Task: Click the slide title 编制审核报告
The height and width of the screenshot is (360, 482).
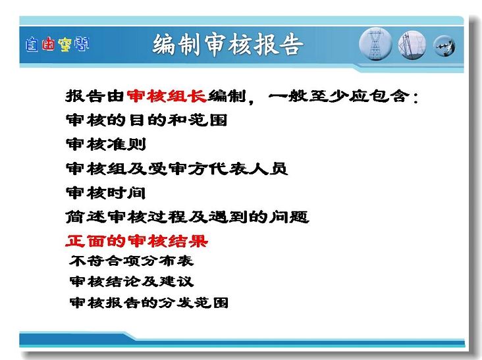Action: coord(228,45)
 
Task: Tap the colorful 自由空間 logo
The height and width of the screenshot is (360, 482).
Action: coord(57,45)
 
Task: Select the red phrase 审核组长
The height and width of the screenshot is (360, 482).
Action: coord(167,96)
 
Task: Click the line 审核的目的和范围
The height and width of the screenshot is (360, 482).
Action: coord(147,120)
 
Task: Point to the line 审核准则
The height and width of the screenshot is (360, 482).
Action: coord(106,144)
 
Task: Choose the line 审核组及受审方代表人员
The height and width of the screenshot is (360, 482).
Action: coord(176,168)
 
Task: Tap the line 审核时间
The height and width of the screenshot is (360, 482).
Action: coord(106,193)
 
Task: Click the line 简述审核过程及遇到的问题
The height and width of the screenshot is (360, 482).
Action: coord(187,217)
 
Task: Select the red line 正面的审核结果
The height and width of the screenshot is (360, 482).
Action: coord(136,241)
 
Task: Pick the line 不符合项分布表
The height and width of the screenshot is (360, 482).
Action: coord(132,261)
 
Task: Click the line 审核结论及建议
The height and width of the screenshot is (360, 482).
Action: coord(132,282)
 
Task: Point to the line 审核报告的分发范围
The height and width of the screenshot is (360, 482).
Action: coord(149,303)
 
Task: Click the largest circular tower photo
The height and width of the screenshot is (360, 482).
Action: coord(375,44)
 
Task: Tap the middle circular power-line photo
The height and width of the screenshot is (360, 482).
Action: coord(412,45)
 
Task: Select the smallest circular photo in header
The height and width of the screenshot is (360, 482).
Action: coord(444,46)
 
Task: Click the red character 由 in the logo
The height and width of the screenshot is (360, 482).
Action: coord(49,44)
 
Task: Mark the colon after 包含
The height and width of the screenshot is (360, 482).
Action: coord(415,97)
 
